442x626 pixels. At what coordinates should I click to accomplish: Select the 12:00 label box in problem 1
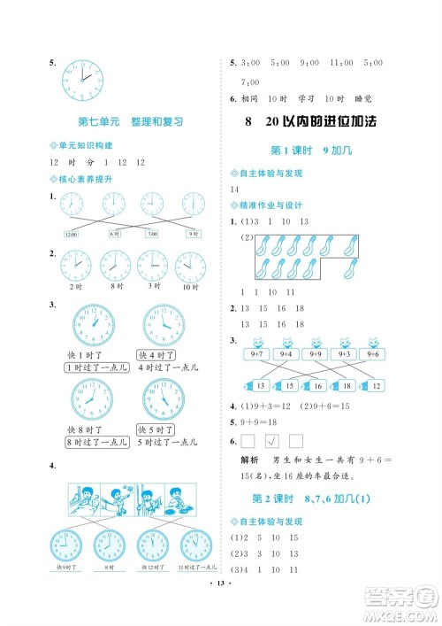pyautogui.click(x=72, y=234)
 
